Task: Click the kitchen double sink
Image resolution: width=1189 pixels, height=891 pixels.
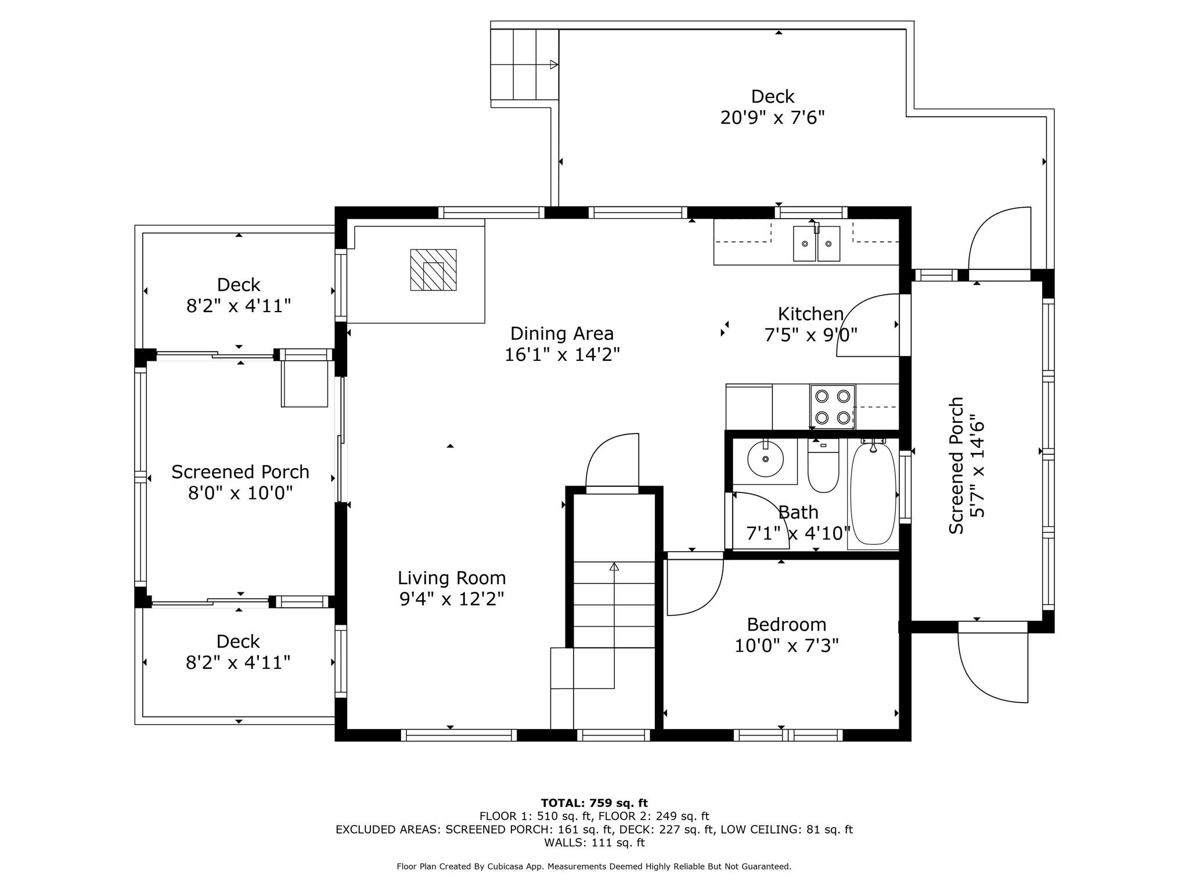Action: [x=816, y=243]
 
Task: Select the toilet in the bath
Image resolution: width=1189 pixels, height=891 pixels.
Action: [x=823, y=465]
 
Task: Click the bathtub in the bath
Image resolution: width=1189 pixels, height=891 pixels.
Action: [x=873, y=494]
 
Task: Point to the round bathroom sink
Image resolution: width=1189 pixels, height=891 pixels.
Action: [x=765, y=459]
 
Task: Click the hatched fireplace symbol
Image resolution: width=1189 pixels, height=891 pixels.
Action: [x=433, y=270]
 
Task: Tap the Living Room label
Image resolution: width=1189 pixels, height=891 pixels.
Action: [x=452, y=578]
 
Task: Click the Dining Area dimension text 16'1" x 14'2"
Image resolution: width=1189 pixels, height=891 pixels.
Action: [x=562, y=354]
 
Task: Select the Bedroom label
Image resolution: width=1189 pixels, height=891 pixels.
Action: [x=787, y=624]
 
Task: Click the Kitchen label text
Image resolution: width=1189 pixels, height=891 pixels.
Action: [x=810, y=314]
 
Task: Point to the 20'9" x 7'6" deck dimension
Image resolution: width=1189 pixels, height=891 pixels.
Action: [x=773, y=118]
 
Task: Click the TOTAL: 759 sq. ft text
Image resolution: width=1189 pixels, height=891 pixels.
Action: [x=594, y=803]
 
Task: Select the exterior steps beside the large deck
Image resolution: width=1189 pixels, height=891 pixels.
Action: [x=525, y=64]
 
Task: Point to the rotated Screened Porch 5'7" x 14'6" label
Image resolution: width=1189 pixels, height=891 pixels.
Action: [x=967, y=465]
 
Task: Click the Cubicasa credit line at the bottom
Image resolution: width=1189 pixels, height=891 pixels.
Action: [x=594, y=867]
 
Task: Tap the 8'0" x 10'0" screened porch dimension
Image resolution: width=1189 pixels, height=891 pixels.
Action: [x=240, y=493]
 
